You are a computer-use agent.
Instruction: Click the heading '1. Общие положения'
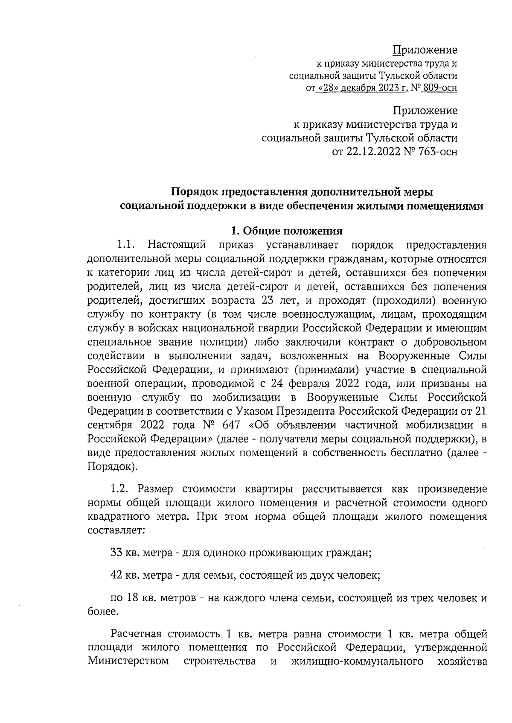(286, 231)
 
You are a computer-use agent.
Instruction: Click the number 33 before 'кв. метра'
(116, 553)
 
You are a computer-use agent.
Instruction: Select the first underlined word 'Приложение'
(425, 50)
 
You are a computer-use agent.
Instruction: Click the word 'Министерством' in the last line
(128, 661)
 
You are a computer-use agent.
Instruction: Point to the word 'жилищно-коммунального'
(357, 661)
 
